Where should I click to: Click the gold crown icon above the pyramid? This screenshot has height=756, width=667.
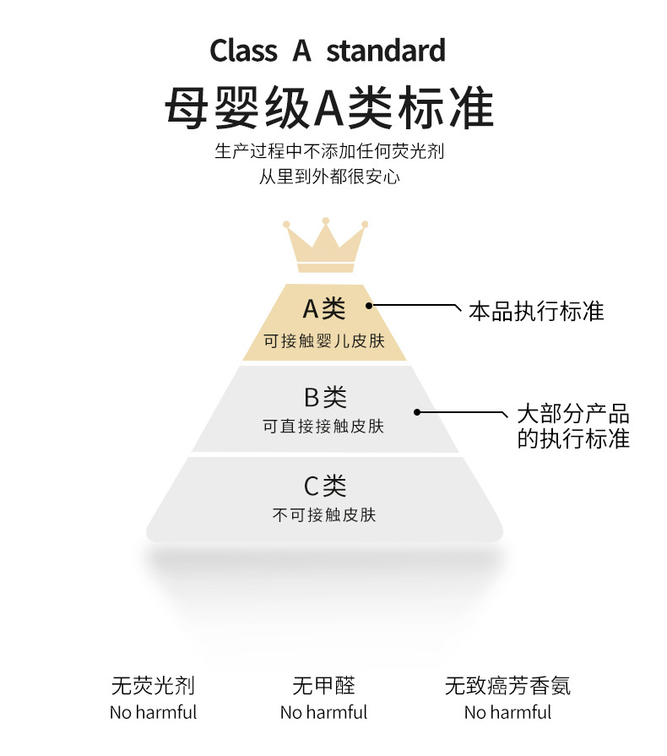coord(325,245)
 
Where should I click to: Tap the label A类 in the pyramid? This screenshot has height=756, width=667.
coord(324,309)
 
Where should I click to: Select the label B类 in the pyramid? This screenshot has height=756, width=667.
coord(325,397)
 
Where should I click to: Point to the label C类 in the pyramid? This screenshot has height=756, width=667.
coord(325,486)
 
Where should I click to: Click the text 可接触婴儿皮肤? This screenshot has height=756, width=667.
coord(324,341)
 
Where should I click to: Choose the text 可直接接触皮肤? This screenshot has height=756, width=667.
coord(324,427)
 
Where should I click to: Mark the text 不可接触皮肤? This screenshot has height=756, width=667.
coord(324,514)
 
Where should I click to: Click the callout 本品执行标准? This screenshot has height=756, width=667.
coord(536,311)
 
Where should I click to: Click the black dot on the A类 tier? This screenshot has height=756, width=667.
coord(369,305)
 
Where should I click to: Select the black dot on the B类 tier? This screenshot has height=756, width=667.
coord(417,412)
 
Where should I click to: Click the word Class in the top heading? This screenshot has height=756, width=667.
coord(243,51)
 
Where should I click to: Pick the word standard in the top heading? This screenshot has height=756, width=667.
coord(386,51)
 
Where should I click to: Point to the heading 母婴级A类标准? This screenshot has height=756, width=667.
coord(328,107)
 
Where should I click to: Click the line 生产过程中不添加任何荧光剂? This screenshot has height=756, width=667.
coord(328,152)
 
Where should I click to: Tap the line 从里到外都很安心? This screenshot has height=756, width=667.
coord(328,177)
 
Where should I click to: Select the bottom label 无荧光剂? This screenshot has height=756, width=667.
coord(153,685)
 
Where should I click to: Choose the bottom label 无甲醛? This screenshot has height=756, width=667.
coord(323,685)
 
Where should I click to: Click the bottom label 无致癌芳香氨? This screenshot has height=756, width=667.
coord(507,685)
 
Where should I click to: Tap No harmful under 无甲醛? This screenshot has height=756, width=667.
coord(323,712)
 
